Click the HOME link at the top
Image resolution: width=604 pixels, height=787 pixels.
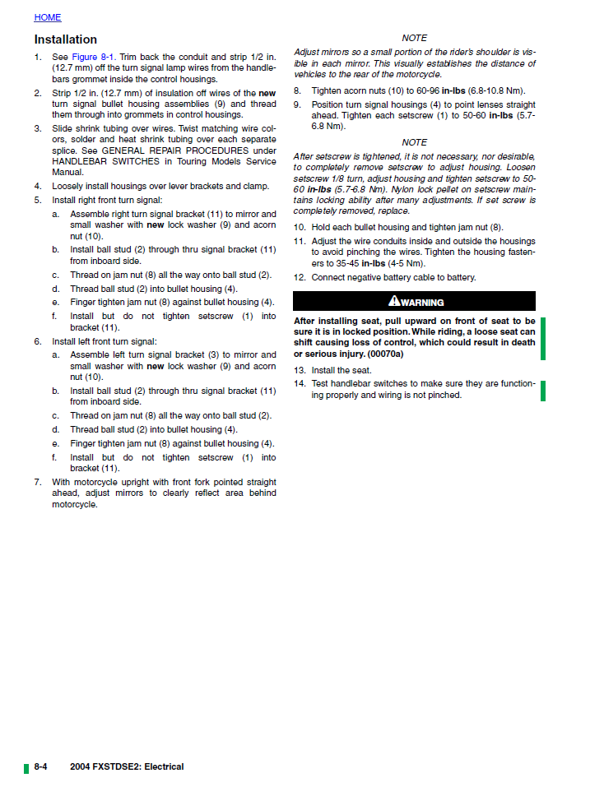(47, 17)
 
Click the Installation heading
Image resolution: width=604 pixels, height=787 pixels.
(65, 39)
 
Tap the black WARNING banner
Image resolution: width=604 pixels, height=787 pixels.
(415, 302)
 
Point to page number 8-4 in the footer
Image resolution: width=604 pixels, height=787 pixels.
(40, 766)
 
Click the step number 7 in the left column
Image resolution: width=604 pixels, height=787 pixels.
(37, 482)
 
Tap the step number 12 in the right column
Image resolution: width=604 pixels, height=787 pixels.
(300, 278)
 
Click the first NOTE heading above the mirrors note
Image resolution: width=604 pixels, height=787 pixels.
(414, 39)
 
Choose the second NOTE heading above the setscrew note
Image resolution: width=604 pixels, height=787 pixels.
(414, 142)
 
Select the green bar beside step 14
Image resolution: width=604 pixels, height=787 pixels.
(543, 390)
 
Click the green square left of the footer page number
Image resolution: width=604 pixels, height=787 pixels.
(26, 768)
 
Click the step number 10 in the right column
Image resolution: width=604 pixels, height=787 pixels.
(300, 227)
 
